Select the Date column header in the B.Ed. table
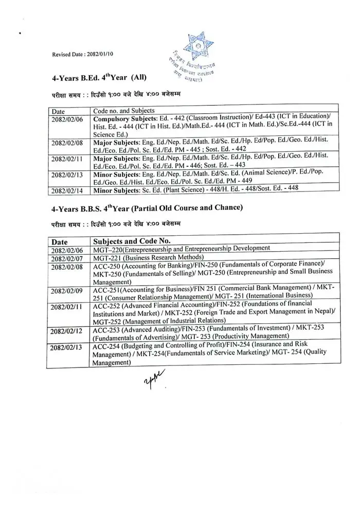(x=58, y=111)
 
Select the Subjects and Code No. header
(x=132, y=240)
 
